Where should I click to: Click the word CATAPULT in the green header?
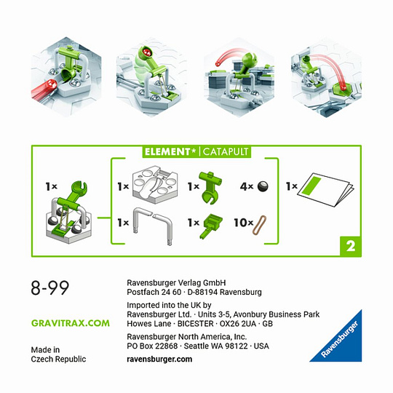(x=226, y=151)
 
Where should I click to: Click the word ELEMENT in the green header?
(x=167, y=151)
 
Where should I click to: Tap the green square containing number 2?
(x=350, y=246)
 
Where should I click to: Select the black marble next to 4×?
(x=263, y=186)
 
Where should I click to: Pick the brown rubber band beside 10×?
(x=259, y=225)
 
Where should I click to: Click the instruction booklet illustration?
(x=325, y=189)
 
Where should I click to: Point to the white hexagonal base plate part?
(x=155, y=184)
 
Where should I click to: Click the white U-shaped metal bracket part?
(x=153, y=225)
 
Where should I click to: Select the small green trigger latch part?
(x=211, y=226)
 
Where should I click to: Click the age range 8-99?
(x=50, y=287)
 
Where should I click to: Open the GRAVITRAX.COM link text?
(x=71, y=323)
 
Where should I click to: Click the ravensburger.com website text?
(x=159, y=360)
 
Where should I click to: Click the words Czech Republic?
(x=58, y=360)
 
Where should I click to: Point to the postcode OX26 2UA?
(x=237, y=324)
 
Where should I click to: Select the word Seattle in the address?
(x=196, y=346)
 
